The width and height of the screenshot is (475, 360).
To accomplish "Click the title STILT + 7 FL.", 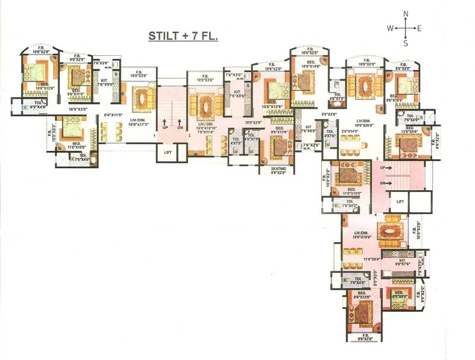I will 183,37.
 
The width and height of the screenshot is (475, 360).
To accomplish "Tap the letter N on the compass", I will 406,14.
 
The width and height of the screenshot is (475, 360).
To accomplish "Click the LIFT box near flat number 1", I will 167,153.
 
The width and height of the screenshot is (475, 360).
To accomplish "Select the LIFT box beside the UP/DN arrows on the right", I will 401,202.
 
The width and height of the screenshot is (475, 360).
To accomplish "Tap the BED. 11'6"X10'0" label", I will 77,146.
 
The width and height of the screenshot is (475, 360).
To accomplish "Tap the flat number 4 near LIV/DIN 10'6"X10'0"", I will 375,214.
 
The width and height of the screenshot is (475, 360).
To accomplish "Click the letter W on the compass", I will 390,28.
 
